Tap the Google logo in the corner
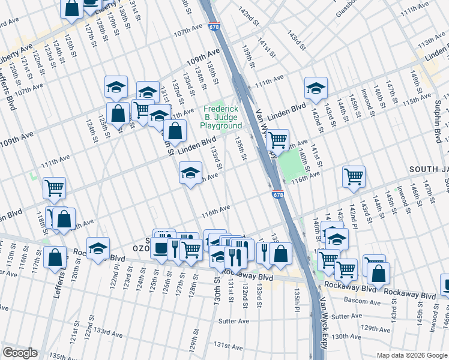pos(20,353)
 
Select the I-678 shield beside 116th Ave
pos(277,194)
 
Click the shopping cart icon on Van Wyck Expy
pos(277,140)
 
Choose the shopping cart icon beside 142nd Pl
pos(354,176)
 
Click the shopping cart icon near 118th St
pos(54,188)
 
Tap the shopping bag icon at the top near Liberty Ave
pos(71,8)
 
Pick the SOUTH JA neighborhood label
pos(429,170)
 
